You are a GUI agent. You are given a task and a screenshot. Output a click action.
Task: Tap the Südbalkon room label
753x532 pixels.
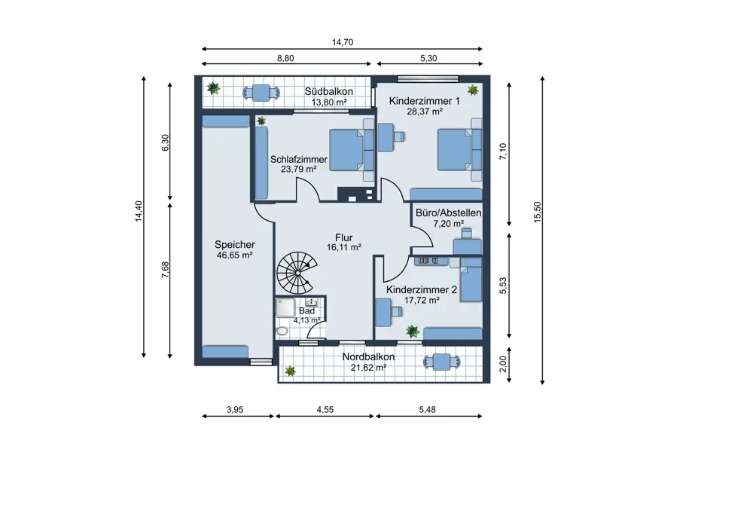click(329, 91)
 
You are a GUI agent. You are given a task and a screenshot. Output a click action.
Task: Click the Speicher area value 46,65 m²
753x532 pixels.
click(235, 255)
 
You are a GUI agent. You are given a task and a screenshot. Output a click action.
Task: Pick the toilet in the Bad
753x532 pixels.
click(282, 331)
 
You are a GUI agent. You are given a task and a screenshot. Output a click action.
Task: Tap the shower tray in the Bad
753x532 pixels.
click(285, 307)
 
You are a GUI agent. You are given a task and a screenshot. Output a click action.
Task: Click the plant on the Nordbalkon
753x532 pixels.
click(290, 371)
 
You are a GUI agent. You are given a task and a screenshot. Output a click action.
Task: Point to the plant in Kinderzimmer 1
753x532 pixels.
click(473, 90)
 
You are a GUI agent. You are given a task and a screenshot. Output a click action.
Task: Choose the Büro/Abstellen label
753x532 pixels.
click(449, 213)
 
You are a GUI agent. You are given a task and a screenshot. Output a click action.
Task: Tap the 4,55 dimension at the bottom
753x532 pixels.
click(325, 410)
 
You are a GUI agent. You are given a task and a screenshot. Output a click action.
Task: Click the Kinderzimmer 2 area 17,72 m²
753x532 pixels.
click(422, 301)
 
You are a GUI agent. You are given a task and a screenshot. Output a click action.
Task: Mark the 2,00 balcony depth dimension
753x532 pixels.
click(503, 364)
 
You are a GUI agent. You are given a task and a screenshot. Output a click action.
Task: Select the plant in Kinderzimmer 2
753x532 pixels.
click(413, 331)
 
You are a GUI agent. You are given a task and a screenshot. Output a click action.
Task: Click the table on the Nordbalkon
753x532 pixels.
click(442, 362)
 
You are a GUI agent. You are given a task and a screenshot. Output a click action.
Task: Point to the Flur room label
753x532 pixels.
click(344, 237)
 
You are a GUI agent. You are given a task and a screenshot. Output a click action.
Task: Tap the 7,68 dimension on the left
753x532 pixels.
click(165, 270)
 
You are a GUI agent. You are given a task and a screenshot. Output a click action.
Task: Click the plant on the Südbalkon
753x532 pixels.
click(213, 88)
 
